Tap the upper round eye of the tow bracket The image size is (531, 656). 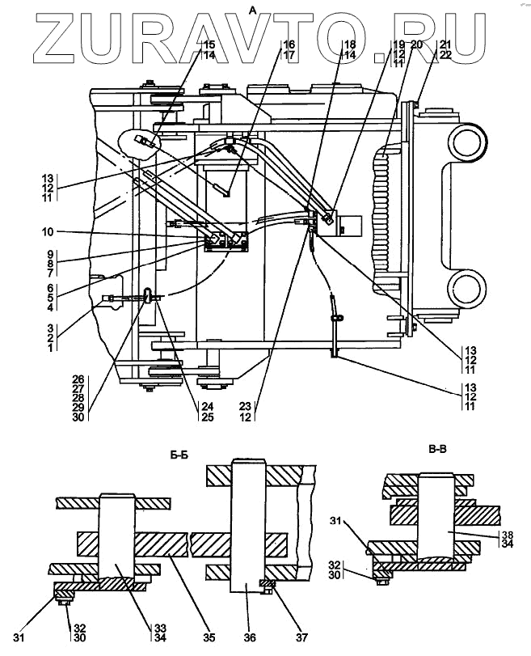pyautogui.click(x=470, y=144)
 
